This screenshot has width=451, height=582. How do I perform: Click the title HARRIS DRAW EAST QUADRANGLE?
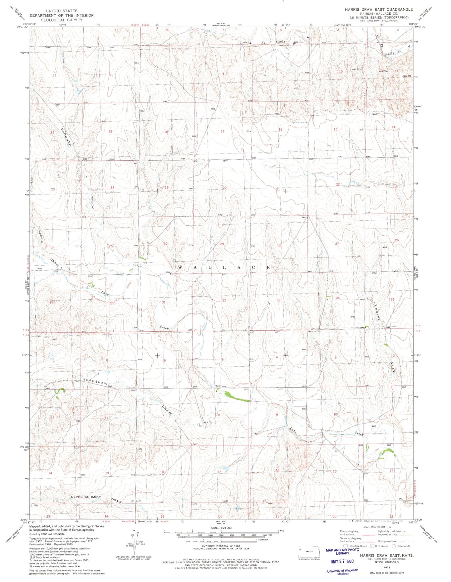[x=379, y=9]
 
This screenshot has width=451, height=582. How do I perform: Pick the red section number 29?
[x=222, y=244]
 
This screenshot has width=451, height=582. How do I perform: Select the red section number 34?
[x=337, y=298]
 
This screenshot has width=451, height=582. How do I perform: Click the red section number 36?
[x=111, y=303]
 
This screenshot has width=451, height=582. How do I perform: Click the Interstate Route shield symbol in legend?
[x=346, y=546]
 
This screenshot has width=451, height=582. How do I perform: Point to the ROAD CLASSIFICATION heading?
[x=376, y=527]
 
